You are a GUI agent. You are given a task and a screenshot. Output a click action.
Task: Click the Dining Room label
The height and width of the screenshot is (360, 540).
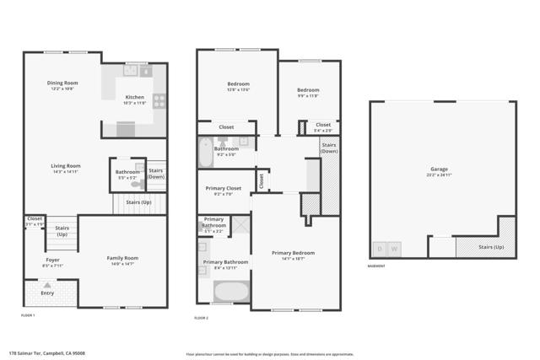63,83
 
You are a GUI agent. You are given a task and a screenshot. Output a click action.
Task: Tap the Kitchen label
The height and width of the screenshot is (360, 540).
135,97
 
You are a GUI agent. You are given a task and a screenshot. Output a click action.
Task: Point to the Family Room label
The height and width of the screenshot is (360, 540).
122,258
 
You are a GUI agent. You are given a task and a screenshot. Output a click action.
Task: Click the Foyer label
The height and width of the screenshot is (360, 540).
53,261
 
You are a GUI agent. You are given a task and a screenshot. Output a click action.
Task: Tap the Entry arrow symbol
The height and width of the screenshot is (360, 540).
47,284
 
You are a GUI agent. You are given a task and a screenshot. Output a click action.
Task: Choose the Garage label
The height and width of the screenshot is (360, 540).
440,169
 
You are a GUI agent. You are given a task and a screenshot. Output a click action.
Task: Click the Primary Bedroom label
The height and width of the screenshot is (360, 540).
293,253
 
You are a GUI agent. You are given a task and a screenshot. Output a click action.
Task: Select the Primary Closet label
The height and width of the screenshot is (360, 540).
224,188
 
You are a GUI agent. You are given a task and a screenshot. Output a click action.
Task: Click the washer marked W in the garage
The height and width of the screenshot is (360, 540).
393,249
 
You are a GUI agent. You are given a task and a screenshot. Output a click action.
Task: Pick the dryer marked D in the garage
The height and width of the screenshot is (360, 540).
380,249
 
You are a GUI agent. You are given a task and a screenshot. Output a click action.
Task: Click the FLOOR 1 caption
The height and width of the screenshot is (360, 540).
29,314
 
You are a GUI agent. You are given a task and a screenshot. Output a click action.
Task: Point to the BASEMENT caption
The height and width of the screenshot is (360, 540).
376,266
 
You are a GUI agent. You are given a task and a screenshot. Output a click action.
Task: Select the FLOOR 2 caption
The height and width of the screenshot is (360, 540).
202,318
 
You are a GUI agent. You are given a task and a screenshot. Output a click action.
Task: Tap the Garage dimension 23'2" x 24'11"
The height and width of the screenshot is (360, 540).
440,175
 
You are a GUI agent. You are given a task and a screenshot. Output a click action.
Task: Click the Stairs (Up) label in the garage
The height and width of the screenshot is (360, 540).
492,247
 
